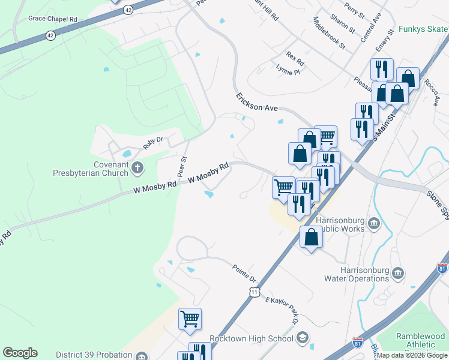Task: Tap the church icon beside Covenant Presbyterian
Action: pyautogui.click(x=137, y=167)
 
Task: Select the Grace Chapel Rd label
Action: pyautogui.click(x=53, y=19)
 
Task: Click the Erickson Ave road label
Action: pyautogui.click(x=257, y=102)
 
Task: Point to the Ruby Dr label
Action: pyautogui.click(x=152, y=142)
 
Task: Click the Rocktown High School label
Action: pyautogui.click(x=251, y=339)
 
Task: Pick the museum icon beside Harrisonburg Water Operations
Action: pyautogui.click(x=398, y=274)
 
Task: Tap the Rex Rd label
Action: pyautogui.click(x=295, y=59)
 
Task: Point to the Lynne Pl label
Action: pyautogui.click(x=287, y=70)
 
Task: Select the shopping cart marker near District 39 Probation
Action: pyautogui.click(x=190, y=320)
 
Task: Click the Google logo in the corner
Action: pyautogui.click(x=20, y=353)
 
